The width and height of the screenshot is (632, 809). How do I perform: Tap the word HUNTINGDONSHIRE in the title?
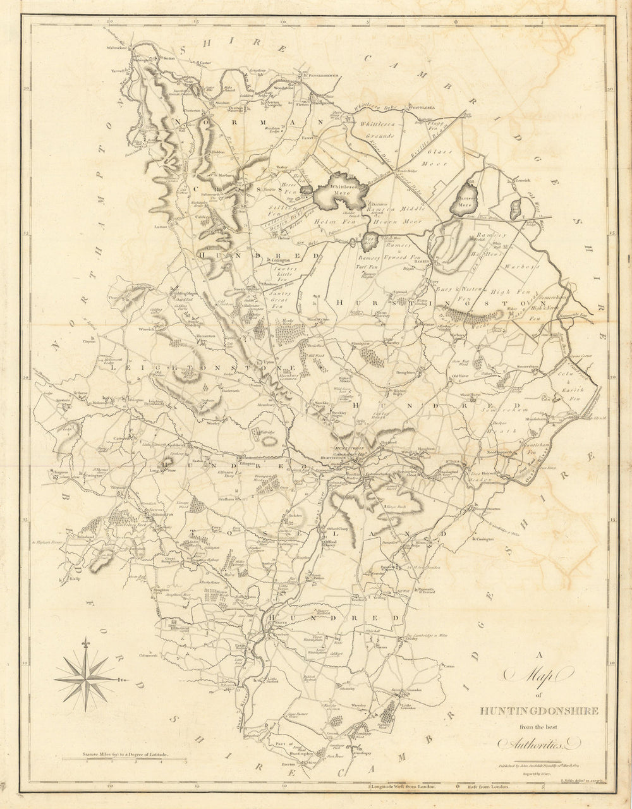tap(538, 710)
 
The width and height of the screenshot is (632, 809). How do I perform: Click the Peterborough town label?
tap(322, 75)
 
